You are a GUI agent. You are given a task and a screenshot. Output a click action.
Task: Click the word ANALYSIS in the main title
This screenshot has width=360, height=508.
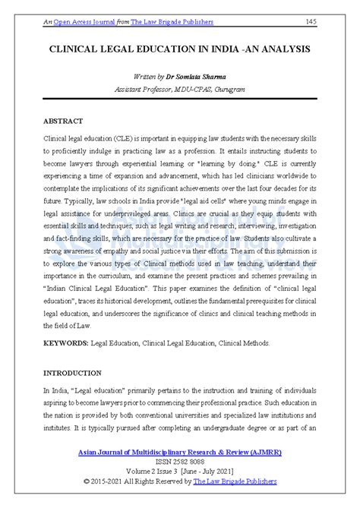[x=283, y=48]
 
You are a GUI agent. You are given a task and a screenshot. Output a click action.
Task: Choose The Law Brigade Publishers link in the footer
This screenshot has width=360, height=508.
[x=235, y=481]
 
